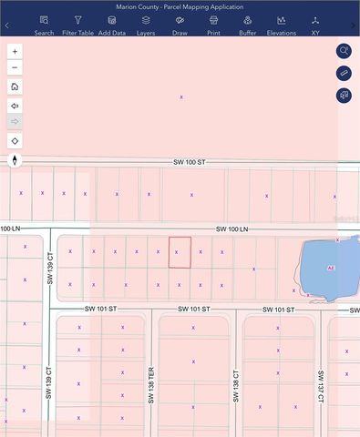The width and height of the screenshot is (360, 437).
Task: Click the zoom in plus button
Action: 15,52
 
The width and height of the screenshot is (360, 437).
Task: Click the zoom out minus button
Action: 15,68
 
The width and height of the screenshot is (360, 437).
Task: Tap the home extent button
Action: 15,86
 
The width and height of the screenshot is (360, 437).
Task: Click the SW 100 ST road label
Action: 190,162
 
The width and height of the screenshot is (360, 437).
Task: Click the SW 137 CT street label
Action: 321,387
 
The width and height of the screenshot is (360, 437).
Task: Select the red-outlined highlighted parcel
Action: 180,253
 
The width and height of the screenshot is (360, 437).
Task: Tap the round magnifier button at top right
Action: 344,51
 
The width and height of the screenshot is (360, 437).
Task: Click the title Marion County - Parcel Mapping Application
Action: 180,6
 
